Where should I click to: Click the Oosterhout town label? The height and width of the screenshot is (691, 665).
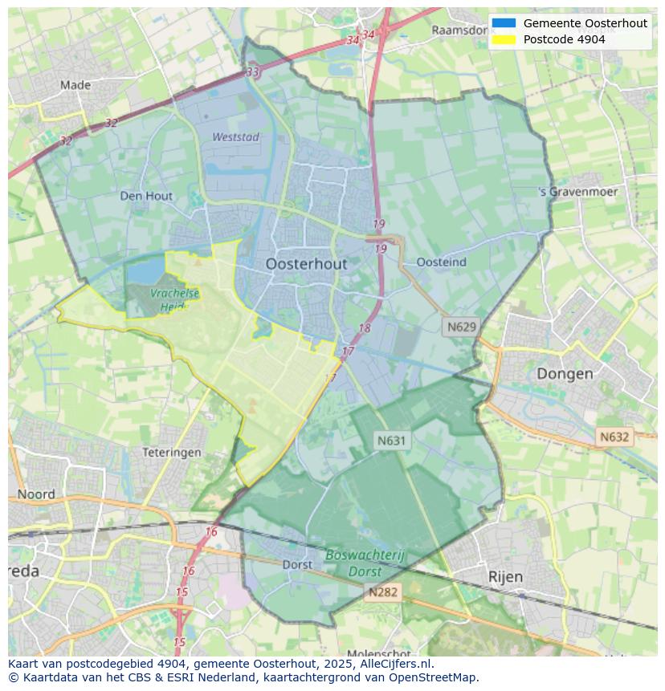(x=306, y=264)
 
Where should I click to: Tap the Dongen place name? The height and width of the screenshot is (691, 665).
(x=565, y=373)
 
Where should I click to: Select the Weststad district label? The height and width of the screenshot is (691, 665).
(x=235, y=137)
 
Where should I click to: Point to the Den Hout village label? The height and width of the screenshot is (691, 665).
(x=146, y=196)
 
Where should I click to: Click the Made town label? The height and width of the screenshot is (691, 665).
(x=75, y=85)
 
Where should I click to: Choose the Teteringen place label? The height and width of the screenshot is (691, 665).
(x=172, y=453)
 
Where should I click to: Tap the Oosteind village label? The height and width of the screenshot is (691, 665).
(x=442, y=262)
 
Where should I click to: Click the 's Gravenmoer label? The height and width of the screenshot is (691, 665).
(x=578, y=193)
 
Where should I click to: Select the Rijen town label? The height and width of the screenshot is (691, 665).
(x=505, y=577)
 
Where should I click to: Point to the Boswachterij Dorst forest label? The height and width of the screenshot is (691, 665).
(x=365, y=563)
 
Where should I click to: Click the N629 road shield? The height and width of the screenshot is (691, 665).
(x=462, y=327)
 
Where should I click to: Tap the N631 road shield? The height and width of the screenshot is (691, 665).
(x=392, y=440)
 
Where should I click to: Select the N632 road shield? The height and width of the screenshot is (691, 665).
(x=614, y=437)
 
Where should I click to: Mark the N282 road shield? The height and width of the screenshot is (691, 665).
(x=383, y=592)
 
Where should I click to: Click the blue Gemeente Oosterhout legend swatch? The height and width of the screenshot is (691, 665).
(x=504, y=23)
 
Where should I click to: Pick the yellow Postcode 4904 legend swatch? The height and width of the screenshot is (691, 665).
(x=504, y=39)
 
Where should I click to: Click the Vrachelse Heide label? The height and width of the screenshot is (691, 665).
(x=173, y=300)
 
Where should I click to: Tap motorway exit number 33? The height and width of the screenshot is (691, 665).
(x=253, y=72)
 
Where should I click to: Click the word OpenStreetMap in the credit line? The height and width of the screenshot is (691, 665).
(x=433, y=677)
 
